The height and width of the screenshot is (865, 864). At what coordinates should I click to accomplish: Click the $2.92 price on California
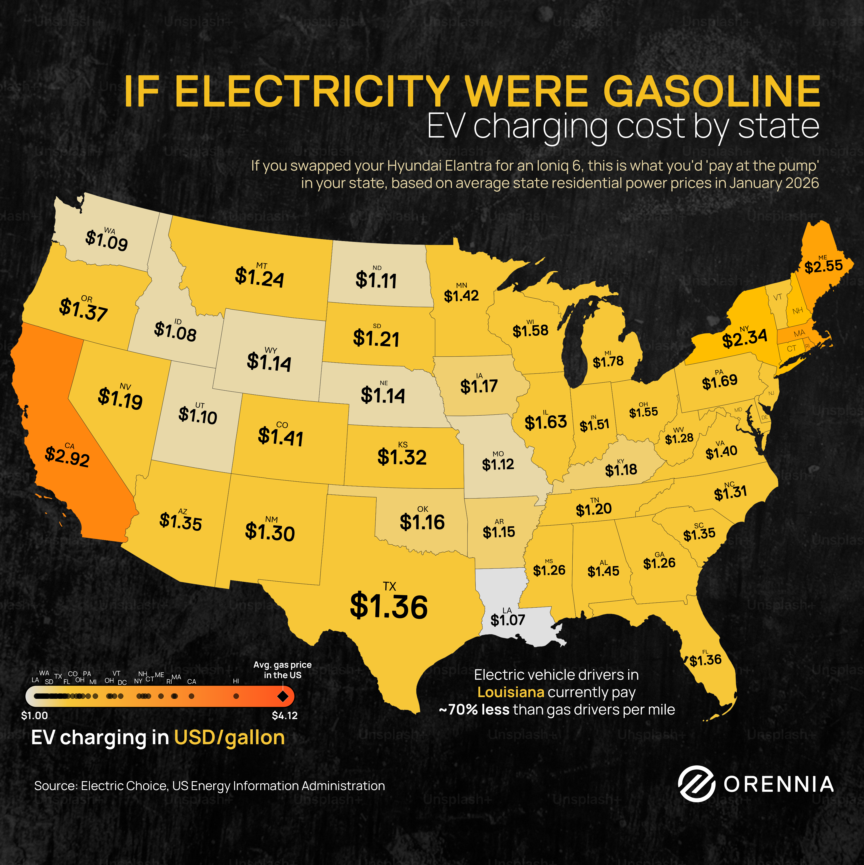tap(67, 457)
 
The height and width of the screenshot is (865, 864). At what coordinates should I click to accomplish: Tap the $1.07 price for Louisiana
tap(507, 620)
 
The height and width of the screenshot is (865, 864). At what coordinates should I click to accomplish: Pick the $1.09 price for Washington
tap(107, 241)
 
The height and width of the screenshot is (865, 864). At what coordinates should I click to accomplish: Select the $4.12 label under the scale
tap(285, 715)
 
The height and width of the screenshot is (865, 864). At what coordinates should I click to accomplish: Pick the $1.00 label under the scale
tap(34, 715)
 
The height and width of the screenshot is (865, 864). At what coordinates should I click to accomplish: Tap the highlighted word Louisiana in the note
tap(511, 692)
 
